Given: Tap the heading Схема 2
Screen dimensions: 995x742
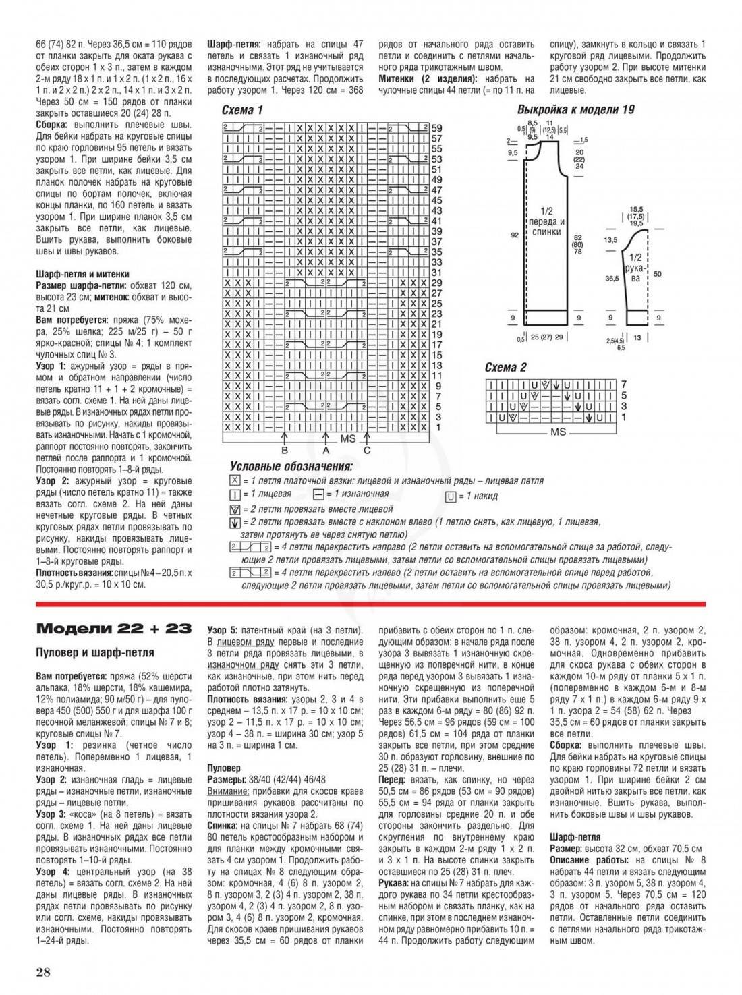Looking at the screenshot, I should coord(505,367).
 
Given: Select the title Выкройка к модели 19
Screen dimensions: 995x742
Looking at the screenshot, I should coord(575,109).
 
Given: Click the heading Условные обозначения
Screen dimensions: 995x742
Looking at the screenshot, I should coord(291,466).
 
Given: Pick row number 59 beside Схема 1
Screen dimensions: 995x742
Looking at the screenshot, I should coord(436,128).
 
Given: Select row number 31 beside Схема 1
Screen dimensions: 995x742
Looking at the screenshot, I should coord(436,272).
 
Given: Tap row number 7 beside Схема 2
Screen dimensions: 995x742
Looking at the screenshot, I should coord(624,384).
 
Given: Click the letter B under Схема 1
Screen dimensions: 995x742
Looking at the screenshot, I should coord(285,450).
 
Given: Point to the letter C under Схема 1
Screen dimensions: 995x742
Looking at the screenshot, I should coord(367,450).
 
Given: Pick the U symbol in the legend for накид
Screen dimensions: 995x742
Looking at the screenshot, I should coord(449,496).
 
